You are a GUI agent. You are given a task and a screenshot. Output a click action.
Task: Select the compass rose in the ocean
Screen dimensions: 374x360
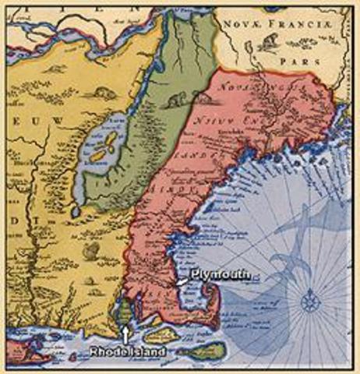coord(309,298)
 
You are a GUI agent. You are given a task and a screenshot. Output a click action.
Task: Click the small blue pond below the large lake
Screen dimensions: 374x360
coord(74,210)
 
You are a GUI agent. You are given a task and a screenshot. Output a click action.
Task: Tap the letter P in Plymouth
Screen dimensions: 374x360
coord(183,275)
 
